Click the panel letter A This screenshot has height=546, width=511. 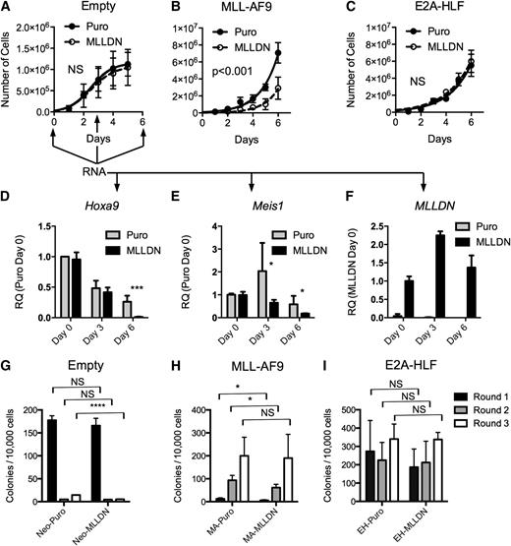tap(7, 8)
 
